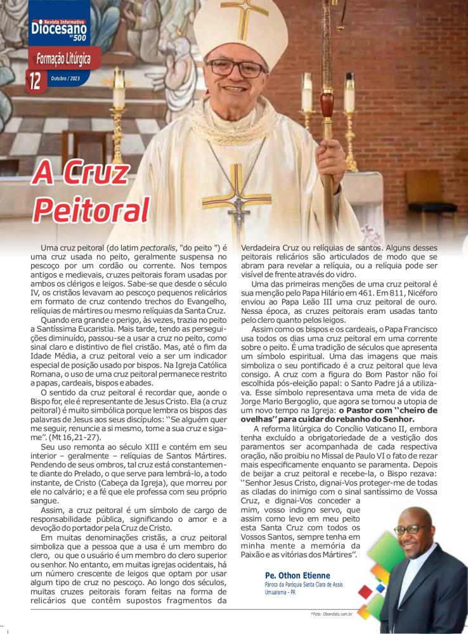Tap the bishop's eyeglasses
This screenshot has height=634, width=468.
[x=235, y=67]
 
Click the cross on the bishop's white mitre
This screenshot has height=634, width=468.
[x=244, y=17]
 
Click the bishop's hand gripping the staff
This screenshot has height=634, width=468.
[x=330, y=156]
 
